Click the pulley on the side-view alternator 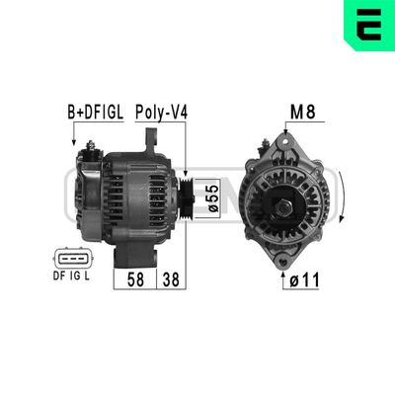[186, 197]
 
